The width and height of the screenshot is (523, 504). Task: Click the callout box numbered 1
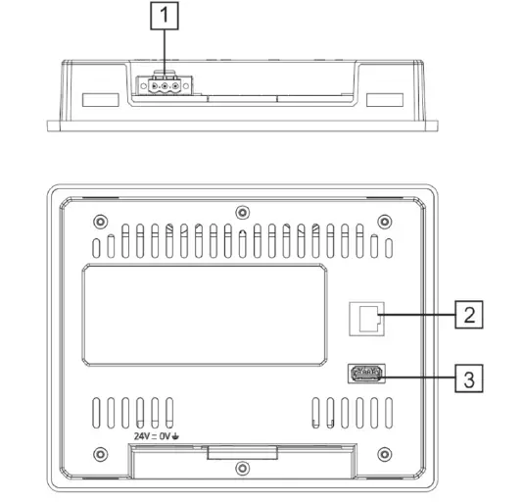pyautogui.click(x=164, y=16)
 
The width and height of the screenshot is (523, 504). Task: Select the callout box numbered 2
pyautogui.click(x=469, y=315)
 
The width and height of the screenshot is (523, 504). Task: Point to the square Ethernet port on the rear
pyautogui.click(x=366, y=316)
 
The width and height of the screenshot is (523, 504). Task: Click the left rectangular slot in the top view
pyautogui.click(x=98, y=99)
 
